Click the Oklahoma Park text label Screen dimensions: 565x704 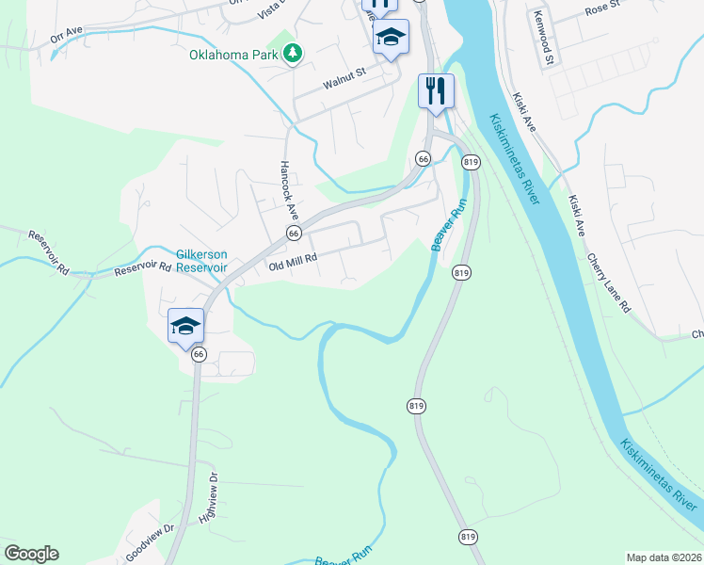(x=234, y=55)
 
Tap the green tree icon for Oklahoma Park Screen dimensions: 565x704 (x=293, y=53)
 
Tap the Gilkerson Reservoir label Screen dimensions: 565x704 (x=202, y=260)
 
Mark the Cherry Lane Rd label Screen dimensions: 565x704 (x=609, y=282)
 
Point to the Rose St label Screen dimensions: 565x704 (x=603, y=8)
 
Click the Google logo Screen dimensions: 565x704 (x=31, y=554)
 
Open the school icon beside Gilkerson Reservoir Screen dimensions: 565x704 (x=185, y=326)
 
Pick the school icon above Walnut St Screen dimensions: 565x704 (x=391, y=37)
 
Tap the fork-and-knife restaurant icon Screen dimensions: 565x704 (x=436, y=91)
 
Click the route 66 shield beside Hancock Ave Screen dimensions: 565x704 (x=294, y=233)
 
